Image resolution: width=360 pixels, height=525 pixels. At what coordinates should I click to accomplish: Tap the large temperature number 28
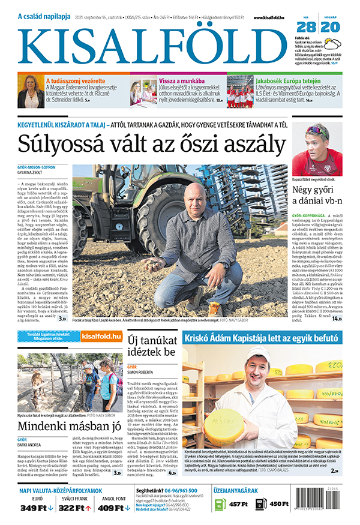(x=306, y=28)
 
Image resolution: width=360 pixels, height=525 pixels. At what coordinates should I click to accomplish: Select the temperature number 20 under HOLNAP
(x=331, y=28)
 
